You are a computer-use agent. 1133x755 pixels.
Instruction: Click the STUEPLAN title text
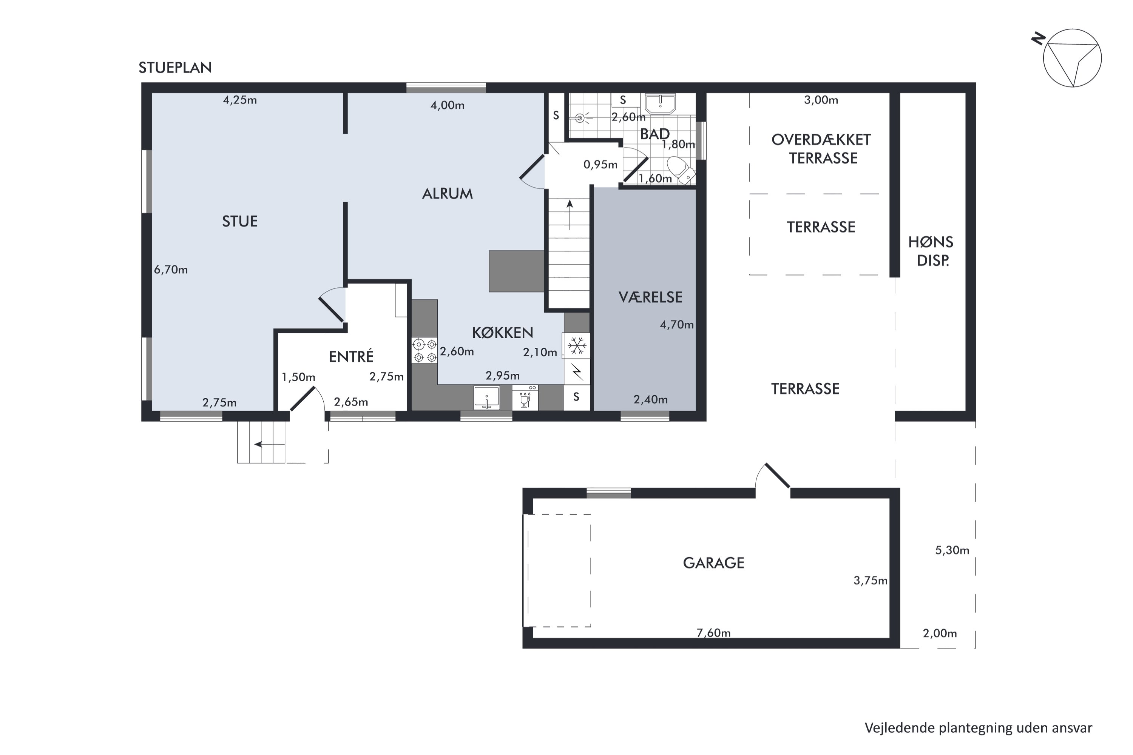tap(175, 68)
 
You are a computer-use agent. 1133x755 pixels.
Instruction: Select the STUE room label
tap(240, 221)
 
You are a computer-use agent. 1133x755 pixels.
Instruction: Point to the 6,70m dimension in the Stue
tap(171, 270)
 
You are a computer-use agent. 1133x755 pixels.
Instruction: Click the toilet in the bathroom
tap(681, 170)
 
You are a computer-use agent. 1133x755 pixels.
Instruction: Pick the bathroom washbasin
tap(661, 103)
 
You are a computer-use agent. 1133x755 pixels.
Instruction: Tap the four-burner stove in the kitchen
tap(425, 351)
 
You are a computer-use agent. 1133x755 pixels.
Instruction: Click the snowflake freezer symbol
tap(577, 346)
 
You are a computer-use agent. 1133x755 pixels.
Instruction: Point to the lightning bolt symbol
tap(577, 372)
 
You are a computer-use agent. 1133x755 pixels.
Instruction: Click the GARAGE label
tap(713, 563)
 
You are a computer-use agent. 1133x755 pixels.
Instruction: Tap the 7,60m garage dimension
tap(713, 633)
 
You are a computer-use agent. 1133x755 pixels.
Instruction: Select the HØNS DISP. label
tap(931, 251)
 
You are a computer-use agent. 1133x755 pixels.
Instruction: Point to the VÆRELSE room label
tap(650, 297)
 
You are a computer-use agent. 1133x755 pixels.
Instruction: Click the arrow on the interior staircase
tap(570, 215)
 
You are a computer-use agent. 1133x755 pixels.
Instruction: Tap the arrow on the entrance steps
tap(270, 444)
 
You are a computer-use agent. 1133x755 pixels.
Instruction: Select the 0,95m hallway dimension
tap(600, 165)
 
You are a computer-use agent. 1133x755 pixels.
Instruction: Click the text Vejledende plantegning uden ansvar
tap(979, 728)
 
